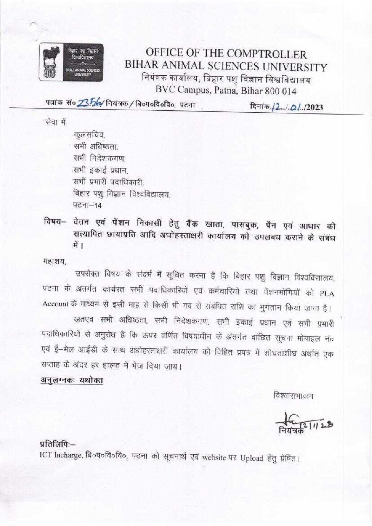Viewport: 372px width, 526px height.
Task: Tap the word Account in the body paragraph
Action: (x=54, y=304)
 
